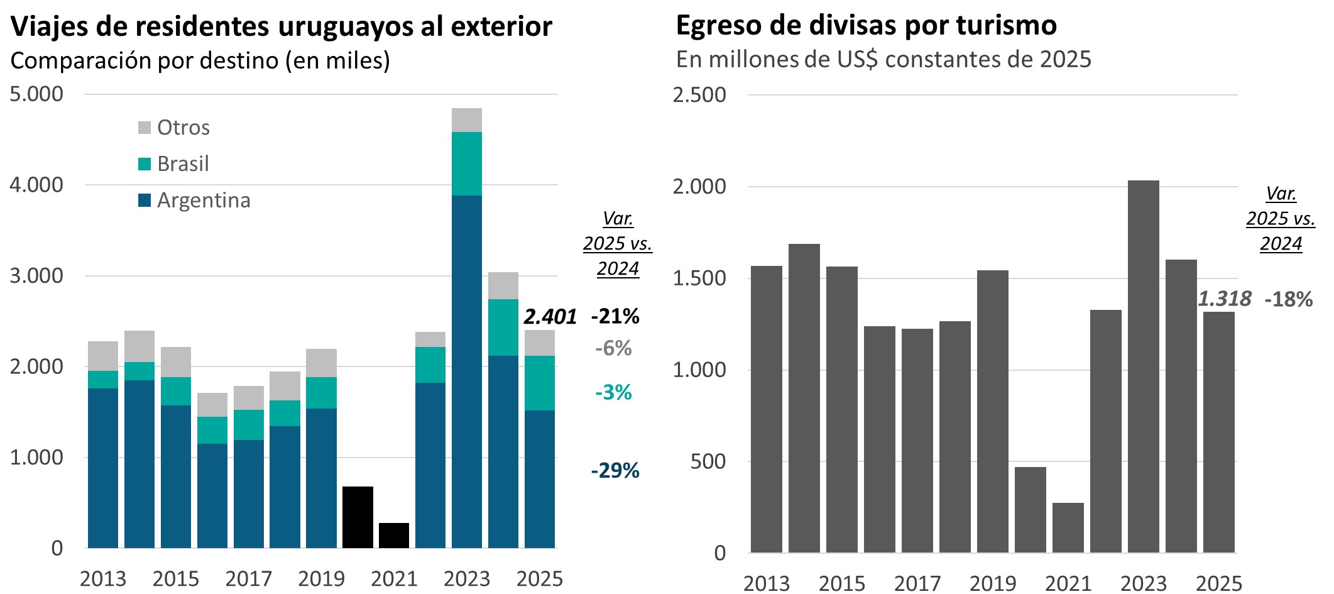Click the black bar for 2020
tap(358, 517)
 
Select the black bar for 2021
tap(394, 535)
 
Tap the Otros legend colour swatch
tap(145, 128)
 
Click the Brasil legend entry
tap(182, 164)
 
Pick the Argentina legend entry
tap(203, 201)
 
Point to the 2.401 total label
tap(550, 317)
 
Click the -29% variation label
tap(615, 470)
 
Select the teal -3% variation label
tap(613, 393)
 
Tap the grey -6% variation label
tap(613, 348)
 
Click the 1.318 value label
tap(1224, 299)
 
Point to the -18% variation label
tap(1288, 299)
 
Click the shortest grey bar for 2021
tap(1068, 527)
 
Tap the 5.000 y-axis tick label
tap(36, 94)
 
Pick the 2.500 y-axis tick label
tap(699, 96)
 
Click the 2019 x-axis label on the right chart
tap(992, 583)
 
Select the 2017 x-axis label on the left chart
tap(248, 578)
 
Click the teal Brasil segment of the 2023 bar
tap(467, 163)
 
